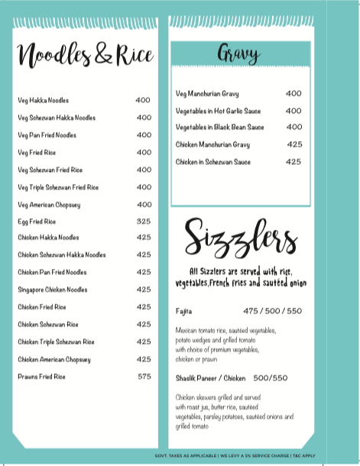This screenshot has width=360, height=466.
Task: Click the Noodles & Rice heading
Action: (x=85, y=55)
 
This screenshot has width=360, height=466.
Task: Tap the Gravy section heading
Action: (x=238, y=54)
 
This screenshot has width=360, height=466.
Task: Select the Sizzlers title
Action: (x=240, y=238)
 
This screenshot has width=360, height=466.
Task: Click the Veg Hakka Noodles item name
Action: (x=43, y=100)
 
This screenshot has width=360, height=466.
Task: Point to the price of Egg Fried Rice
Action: (x=144, y=221)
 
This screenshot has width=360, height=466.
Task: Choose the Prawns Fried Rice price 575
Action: (x=144, y=377)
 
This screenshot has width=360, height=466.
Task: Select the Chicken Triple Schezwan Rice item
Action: (x=56, y=341)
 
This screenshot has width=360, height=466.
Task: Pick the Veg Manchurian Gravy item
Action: (x=207, y=93)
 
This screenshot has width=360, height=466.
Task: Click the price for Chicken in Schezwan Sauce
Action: (x=294, y=162)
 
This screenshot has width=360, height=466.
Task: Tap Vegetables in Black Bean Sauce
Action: (x=219, y=128)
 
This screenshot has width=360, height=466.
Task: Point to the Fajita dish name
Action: (x=183, y=312)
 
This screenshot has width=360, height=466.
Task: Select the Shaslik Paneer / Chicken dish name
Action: (x=211, y=377)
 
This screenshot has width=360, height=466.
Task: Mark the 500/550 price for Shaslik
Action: (x=271, y=377)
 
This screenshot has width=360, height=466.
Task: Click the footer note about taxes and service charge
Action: (x=240, y=455)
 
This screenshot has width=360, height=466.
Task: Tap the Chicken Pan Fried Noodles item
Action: (x=53, y=272)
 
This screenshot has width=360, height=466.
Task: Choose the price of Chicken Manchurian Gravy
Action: (x=295, y=144)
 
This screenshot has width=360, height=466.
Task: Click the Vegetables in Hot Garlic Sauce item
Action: (x=218, y=111)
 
